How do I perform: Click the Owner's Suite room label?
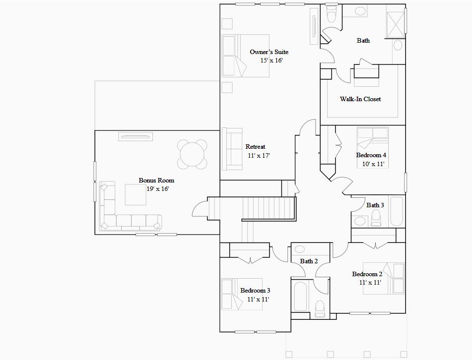pyautogui.click(x=269, y=52)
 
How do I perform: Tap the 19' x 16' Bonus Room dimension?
pyautogui.click(x=157, y=189)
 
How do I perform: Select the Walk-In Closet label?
pyautogui.click(x=360, y=99)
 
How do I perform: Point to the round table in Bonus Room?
pyautogui.click(x=193, y=154)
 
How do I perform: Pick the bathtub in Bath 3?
pyautogui.click(x=397, y=212)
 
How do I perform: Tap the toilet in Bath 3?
pyautogui.click(x=375, y=217)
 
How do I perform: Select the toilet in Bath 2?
pyautogui.click(x=320, y=308)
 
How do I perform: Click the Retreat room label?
pyautogui.click(x=255, y=147)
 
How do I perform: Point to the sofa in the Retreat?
pyautogui.click(x=232, y=149)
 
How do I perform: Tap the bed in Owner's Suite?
pyautogui.click(x=245, y=55)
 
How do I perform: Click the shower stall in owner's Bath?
pyautogui.click(x=396, y=22)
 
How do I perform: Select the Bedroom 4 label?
pyautogui.click(x=371, y=155)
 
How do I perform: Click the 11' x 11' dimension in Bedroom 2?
pyautogui.click(x=370, y=283)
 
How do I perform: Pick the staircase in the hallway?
pyautogui.click(x=268, y=208)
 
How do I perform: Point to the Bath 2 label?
pyautogui.click(x=309, y=261)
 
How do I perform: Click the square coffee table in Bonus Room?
pyautogui.click(x=135, y=194)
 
